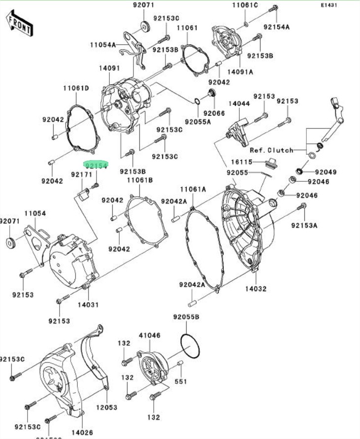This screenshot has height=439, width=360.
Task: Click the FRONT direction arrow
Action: click(20, 23)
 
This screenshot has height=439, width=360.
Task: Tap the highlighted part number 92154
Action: click(96, 166)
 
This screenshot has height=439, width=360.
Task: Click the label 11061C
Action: click(245, 5)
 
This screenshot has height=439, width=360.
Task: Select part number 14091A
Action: click(240, 71)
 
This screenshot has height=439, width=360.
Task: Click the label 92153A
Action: click(304, 225)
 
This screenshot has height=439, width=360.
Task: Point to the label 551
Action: click(182, 381)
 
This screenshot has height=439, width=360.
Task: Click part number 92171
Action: click(81, 175)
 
